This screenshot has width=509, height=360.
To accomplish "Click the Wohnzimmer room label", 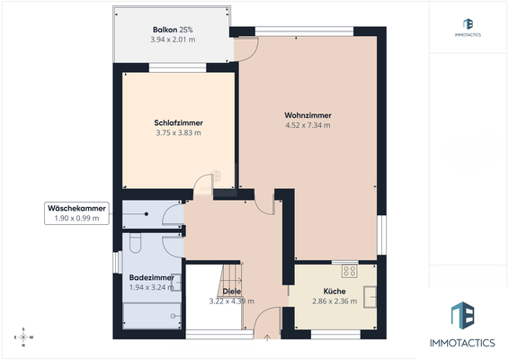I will click(308, 115).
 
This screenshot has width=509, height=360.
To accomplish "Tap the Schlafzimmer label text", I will click(177, 122).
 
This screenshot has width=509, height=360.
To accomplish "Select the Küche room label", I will click(334, 292).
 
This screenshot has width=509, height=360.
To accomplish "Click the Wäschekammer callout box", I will click(77, 212).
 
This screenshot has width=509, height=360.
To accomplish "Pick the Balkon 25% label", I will click(171, 30).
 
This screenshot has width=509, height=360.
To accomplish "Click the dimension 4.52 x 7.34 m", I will click(308, 125).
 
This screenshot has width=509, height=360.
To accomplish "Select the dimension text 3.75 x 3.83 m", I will click(177, 132).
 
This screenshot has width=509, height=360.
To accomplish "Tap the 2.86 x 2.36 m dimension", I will click(334, 301).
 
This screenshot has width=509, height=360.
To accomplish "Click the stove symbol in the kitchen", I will click(349, 269).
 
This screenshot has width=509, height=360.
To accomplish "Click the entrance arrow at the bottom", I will click(267, 338).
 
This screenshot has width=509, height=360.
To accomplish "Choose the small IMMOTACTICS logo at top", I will click(468, 27).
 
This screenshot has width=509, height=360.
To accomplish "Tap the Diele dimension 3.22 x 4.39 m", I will click(231, 301).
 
